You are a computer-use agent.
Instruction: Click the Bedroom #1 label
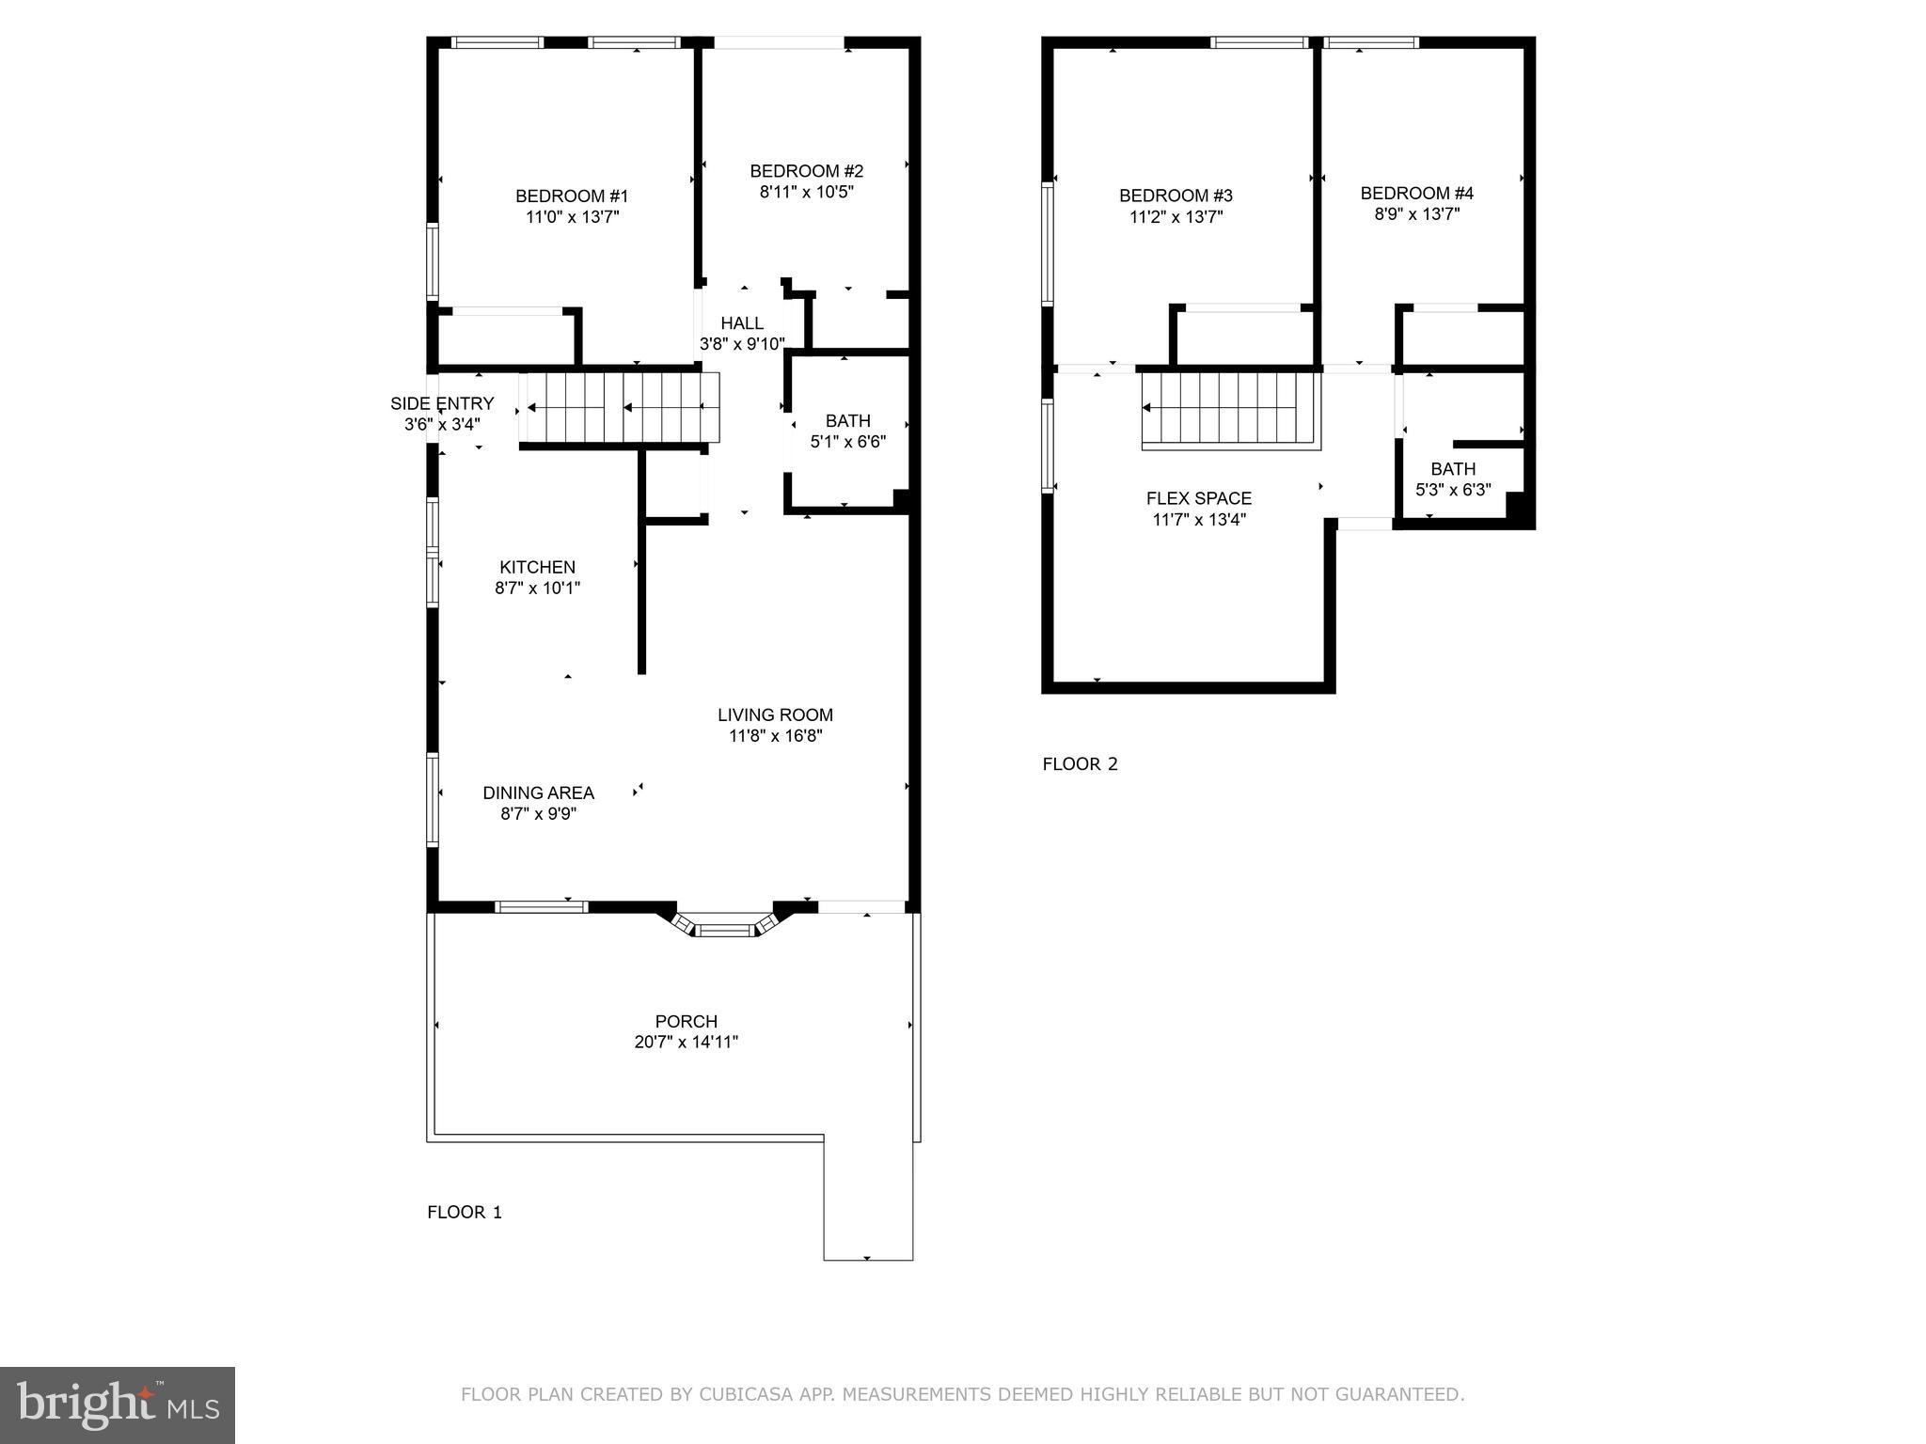(571, 196)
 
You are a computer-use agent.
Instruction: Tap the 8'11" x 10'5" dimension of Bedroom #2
(806, 192)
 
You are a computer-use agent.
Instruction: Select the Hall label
(742, 323)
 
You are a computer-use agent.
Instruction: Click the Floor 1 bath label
(847, 421)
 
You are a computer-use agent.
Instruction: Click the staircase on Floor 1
(619, 407)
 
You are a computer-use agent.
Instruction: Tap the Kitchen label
(537, 568)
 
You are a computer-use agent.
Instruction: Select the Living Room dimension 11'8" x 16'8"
(775, 736)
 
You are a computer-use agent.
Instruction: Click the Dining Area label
(538, 793)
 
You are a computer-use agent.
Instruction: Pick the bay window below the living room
(726, 926)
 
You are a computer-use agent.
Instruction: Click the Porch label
(686, 1022)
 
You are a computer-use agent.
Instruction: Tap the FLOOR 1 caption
(465, 1213)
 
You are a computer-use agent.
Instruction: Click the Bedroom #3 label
(1175, 196)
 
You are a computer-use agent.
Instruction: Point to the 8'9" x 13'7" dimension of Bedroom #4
(1416, 214)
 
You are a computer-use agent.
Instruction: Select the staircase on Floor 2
(1230, 410)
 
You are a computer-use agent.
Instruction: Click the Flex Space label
(1198, 499)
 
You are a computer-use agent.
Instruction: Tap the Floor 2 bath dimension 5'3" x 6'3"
(1453, 490)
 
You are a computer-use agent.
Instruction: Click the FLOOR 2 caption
(1080, 764)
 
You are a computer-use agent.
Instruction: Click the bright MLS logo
(118, 1405)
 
